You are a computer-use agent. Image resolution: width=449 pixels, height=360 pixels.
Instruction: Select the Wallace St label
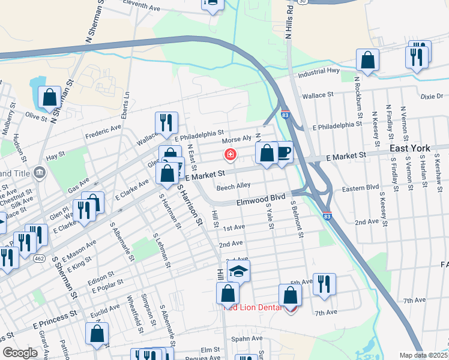tap(318, 95)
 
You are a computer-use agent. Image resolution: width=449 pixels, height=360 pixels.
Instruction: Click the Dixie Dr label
tap(431, 96)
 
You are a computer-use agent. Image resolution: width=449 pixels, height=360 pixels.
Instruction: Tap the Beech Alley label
tap(234, 187)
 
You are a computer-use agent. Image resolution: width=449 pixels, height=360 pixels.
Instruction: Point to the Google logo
tap(20, 353)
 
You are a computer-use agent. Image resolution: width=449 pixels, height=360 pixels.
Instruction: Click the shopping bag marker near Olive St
tap(49, 96)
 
